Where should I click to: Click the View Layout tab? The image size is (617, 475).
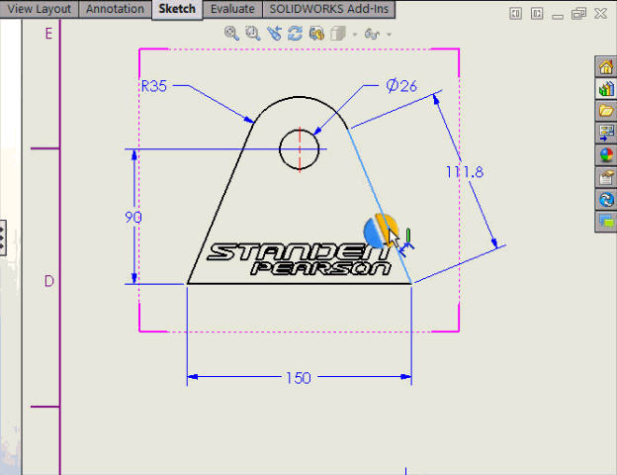pos(40,9)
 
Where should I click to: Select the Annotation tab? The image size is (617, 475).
pos(115,9)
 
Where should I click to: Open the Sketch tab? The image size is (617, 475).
pos(178,9)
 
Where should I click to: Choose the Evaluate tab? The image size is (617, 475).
pos(232,9)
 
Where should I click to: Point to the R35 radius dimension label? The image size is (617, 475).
pos(154,86)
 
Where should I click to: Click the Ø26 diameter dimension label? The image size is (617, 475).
pos(401,85)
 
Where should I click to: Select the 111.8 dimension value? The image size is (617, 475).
pos(464,171)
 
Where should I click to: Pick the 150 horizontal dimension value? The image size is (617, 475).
pos(298,377)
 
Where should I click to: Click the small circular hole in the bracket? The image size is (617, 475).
pos(300,149)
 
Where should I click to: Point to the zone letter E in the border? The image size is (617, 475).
pos(48,33)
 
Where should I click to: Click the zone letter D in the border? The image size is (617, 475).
pos(48,281)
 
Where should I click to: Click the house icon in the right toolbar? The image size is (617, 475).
pos(606,67)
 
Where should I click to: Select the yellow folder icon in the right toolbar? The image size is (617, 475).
pos(606,111)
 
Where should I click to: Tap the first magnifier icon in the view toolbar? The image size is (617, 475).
pos(231,33)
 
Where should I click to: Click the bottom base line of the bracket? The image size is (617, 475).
pos(297,283)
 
